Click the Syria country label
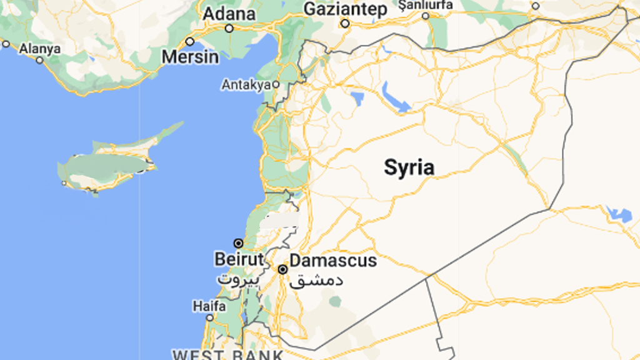(409, 167)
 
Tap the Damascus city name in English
(333, 260)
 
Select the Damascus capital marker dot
(282, 269)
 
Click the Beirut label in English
(234, 259)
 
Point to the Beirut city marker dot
(238, 242)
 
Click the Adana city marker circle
(229, 28)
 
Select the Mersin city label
(191, 57)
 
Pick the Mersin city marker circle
(190, 41)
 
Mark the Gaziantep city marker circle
(344, 24)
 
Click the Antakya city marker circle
(275, 84)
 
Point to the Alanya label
(40, 48)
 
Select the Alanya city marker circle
(39, 60)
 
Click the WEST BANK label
(228, 355)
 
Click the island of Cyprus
(106, 167)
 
